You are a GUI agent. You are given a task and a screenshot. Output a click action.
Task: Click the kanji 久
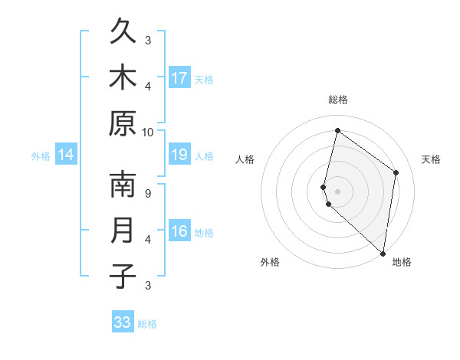(x=123, y=32)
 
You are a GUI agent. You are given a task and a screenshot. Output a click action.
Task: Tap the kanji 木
(x=123, y=77)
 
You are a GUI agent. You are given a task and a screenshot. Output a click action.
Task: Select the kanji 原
(x=123, y=123)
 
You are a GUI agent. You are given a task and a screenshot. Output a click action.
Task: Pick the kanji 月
(x=123, y=231)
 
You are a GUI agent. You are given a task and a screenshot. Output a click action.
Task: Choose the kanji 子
(x=123, y=277)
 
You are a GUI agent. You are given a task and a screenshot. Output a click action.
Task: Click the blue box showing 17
(x=179, y=77)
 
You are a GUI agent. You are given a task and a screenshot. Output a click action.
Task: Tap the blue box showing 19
(x=179, y=155)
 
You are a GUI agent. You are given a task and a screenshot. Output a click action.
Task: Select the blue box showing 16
(x=179, y=231)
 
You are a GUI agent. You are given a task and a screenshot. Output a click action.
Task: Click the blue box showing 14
(x=66, y=155)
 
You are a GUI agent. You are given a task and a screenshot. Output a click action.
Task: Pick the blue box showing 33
(x=123, y=322)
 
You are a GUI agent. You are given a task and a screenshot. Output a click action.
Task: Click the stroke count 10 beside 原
(x=149, y=132)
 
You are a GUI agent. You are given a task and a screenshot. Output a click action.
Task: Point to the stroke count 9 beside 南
(x=149, y=193)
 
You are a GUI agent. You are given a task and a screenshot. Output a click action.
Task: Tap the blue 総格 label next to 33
(x=148, y=324)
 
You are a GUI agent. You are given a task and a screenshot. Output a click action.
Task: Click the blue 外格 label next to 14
(x=41, y=156)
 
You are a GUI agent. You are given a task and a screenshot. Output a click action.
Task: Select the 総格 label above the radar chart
(x=338, y=100)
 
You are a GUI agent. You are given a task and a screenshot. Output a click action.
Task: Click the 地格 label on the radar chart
(x=402, y=263)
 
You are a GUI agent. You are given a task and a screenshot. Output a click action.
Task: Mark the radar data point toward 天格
(x=396, y=172)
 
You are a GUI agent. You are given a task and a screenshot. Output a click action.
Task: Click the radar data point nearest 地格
(x=383, y=254)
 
